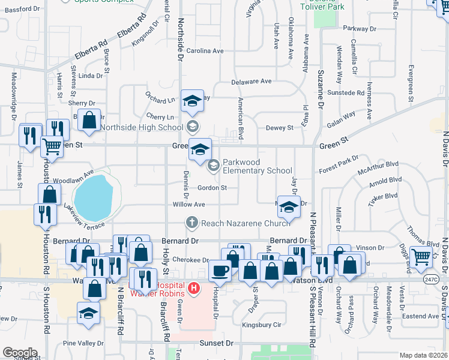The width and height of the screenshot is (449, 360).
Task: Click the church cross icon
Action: [x=192, y=223]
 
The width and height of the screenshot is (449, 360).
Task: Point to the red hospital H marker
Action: [x=193, y=289]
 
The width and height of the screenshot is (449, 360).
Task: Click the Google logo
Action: [x=20, y=353]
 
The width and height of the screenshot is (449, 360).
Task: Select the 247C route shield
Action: [x=430, y=280]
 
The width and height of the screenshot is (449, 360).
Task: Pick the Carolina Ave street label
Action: [x=205, y=51]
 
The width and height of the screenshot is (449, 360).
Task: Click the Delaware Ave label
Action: [x=252, y=81]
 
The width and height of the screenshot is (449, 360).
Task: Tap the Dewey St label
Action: [x=279, y=128]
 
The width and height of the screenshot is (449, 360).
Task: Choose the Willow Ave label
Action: [x=189, y=205]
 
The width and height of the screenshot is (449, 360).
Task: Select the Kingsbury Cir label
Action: [x=261, y=325]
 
